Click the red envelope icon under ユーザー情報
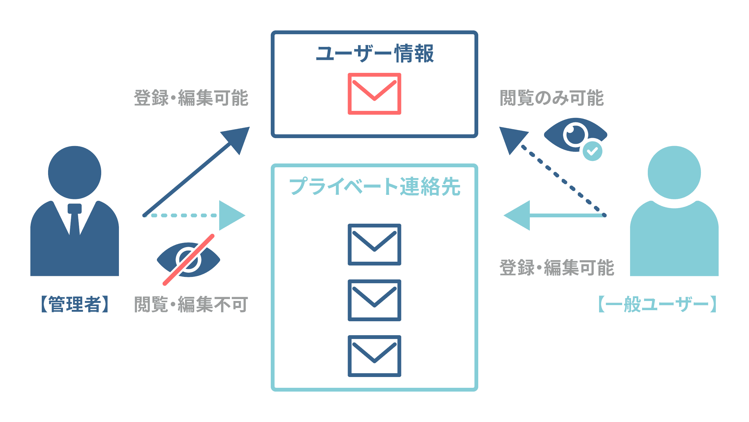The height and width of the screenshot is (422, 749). tap(374, 94)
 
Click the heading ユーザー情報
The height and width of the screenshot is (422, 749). tap(374, 54)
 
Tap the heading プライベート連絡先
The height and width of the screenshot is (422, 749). tap(374, 186)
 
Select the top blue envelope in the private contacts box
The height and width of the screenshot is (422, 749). tap(374, 245)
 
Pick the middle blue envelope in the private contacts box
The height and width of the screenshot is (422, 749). tap(374, 300)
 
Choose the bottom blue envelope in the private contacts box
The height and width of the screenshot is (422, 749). tap(374, 356)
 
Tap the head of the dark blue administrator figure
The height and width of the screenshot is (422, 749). tap(75, 172)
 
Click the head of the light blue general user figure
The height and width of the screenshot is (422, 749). tap(674, 172)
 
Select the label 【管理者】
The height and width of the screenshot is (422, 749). tap(75, 304)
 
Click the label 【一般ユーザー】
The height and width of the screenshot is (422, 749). tap(657, 304)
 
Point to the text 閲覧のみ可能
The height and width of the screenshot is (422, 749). tap(552, 98)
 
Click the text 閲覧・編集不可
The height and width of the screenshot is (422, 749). tap(191, 304)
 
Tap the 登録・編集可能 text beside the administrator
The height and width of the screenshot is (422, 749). tap(191, 98)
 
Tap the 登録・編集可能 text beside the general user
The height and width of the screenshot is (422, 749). tap(557, 268)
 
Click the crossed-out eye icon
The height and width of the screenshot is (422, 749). tap(189, 260)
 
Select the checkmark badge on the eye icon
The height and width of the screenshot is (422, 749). tap(592, 151)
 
